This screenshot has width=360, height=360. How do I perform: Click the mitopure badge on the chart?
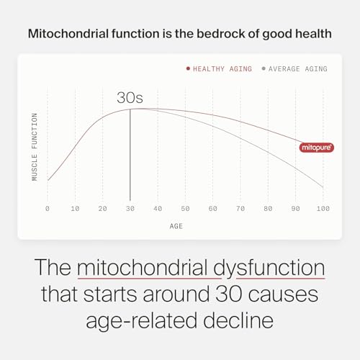click(314, 147)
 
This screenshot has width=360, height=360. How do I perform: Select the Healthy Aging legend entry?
click(220, 69)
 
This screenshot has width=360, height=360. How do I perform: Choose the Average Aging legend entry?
click(295, 69)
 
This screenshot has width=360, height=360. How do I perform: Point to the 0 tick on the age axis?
click(48, 208)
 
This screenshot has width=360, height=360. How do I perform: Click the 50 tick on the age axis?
click(185, 208)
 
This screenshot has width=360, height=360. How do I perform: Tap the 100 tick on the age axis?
click(323, 208)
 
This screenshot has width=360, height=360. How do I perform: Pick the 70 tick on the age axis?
click(240, 208)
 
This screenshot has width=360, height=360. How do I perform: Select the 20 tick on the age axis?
click(103, 208)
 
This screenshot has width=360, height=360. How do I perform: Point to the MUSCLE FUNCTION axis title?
click(35, 146)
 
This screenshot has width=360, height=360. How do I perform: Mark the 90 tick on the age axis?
click(295, 208)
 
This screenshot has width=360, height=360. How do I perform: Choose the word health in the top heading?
click(312, 33)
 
